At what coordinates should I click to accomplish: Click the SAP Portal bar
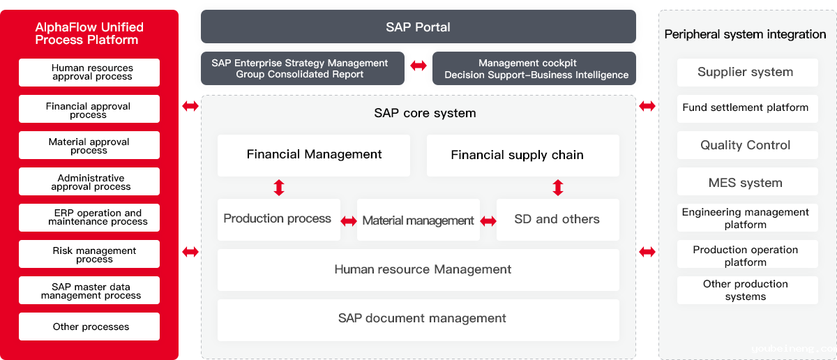pyautogui.click(x=418, y=27)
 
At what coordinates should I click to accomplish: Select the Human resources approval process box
pyautogui.click(x=89, y=72)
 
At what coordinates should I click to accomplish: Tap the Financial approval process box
pyautogui.click(x=89, y=109)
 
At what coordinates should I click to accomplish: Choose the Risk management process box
pyautogui.click(x=89, y=254)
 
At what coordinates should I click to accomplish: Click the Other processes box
pyautogui.click(x=89, y=327)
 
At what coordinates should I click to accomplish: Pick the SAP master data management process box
pyautogui.click(x=89, y=290)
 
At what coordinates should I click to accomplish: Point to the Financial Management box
pyautogui.click(x=314, y=155)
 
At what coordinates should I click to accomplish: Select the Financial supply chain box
pyautogui.click(x=522, y=155)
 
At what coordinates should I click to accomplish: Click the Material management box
pyautogui.click(x=418, y=220)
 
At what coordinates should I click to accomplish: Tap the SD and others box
pyautogui.click(x=557, y=220)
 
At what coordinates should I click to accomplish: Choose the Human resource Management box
pyautogui.click(x=418, y=269)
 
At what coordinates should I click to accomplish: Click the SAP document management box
pyautogui.click(x=418, y=320)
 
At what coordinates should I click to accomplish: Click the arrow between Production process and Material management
pyautogui.click(x=349, y=221)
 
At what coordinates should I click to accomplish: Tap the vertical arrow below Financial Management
pyautogui.click(x=279, y=188)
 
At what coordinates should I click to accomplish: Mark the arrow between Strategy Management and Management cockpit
pyautogui.click(x=418, y=66)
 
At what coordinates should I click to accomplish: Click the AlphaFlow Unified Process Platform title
pyautogui.click(x=89, y=33)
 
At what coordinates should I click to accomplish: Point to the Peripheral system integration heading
pyautogui.click(x=745, y=34)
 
